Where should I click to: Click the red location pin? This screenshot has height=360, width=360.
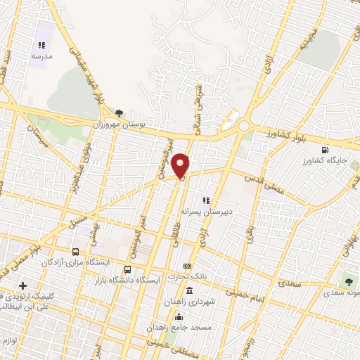coord(182,165)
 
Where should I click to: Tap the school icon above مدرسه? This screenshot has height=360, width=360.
coord(41,46)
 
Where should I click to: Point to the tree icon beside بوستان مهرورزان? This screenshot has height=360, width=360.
coord(119,112)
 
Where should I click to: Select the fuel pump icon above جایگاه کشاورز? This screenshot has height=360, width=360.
coord(325,149)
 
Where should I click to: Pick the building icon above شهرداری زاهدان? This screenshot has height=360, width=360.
coord(189,291)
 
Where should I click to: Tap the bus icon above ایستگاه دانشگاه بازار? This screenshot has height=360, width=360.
coord(127,269)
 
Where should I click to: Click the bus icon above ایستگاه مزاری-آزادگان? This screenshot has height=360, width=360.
coord(75,252)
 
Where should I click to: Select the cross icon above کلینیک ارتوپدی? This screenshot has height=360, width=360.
coord(23,286)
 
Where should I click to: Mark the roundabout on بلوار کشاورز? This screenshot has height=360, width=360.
coord(244,126)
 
